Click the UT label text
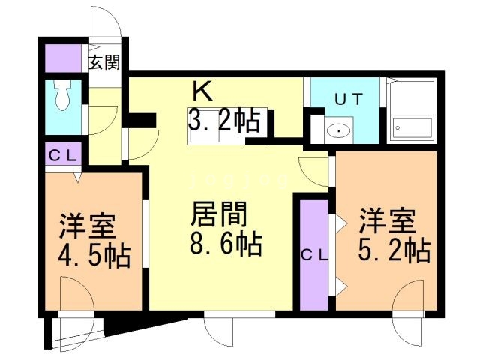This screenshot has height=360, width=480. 344,97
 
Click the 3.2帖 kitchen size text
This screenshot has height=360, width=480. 224,119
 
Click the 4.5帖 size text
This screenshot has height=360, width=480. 93,254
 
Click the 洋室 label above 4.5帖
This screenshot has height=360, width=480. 89,224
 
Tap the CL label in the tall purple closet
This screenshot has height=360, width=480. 314,254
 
